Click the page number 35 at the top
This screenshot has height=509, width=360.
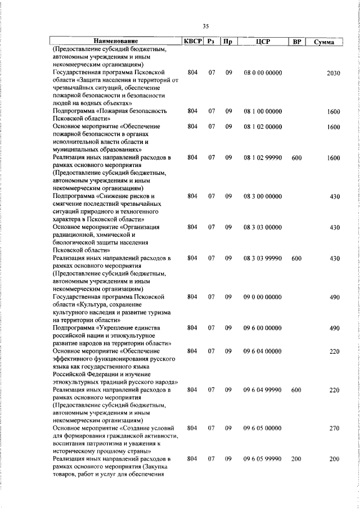pos(206,26)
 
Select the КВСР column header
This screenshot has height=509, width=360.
pos(193,42)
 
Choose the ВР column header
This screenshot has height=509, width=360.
pos(296,42)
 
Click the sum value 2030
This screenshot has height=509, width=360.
pos(333,74)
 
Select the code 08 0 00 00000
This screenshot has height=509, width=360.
pos(263,74)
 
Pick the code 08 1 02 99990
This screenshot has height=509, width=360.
pos(263,159)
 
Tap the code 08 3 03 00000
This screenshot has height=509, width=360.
pos(263,227)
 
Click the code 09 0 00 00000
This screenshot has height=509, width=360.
pos(263,296)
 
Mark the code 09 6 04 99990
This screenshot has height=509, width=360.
pos(263,389)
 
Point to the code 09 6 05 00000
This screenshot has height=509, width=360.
pos(263,428)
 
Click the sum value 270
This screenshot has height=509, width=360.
pos(334,428)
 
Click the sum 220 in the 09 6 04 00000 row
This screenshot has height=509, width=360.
pos(334,351)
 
